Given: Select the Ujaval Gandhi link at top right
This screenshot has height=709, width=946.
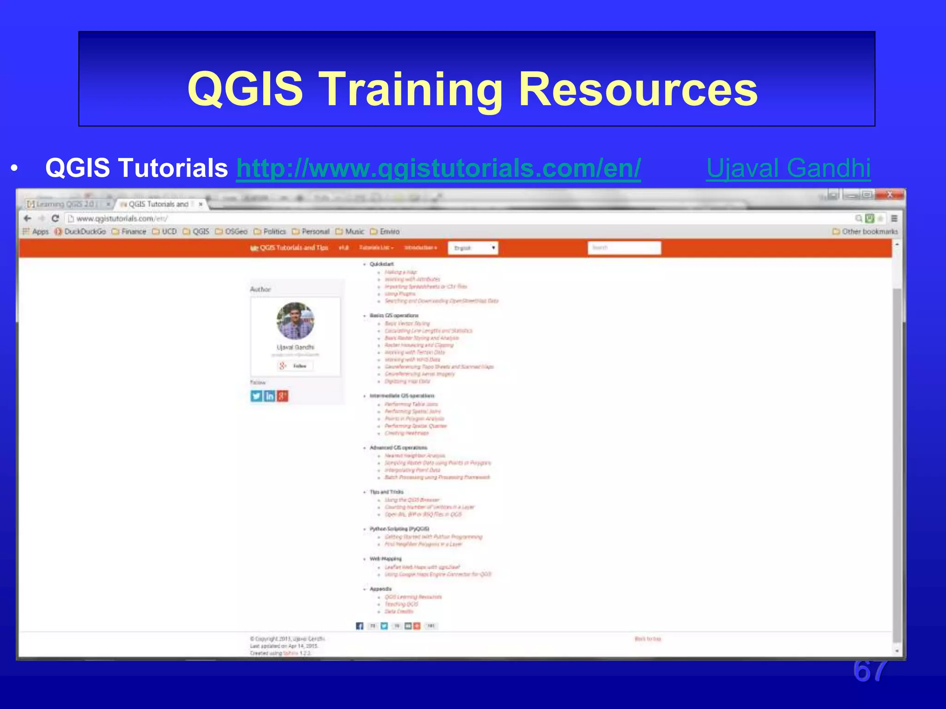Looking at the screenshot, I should point(788,168).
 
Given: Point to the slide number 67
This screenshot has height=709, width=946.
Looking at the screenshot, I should point(870,671).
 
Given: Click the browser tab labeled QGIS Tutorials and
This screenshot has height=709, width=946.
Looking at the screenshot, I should point(158,204).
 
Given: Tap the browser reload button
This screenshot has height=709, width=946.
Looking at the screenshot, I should point(55,218).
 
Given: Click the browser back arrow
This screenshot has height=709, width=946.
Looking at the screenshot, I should point(28,218).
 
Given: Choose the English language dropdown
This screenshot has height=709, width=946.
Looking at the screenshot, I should point(473,248).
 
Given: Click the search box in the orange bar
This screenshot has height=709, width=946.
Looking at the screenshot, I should point(624,248).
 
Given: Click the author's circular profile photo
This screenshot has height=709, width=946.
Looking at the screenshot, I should point(295,321).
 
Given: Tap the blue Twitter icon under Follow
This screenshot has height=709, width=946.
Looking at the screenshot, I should point(256,396).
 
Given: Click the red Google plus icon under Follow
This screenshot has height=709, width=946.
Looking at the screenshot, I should point(282,396).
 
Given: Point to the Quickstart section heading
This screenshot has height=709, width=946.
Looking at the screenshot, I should point(382,264).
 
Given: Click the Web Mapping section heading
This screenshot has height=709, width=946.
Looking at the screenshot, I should point(385,559).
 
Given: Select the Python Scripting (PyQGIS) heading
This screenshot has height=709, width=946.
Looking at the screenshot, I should point(399,529).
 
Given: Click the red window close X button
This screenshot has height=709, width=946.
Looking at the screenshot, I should point(890,195).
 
